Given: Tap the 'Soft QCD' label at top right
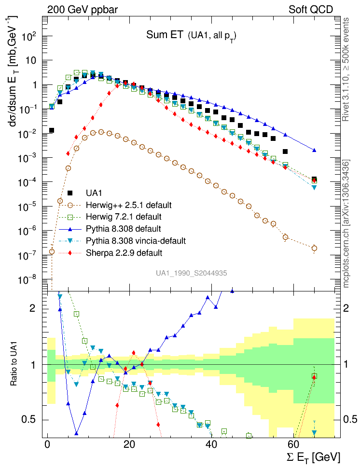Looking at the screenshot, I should pos(311,9).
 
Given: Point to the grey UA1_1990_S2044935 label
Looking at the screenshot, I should pos(191,273).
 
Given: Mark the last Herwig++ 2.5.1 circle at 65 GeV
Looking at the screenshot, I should pos(314,248).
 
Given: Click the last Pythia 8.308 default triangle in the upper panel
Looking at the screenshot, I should pos(314,151).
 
